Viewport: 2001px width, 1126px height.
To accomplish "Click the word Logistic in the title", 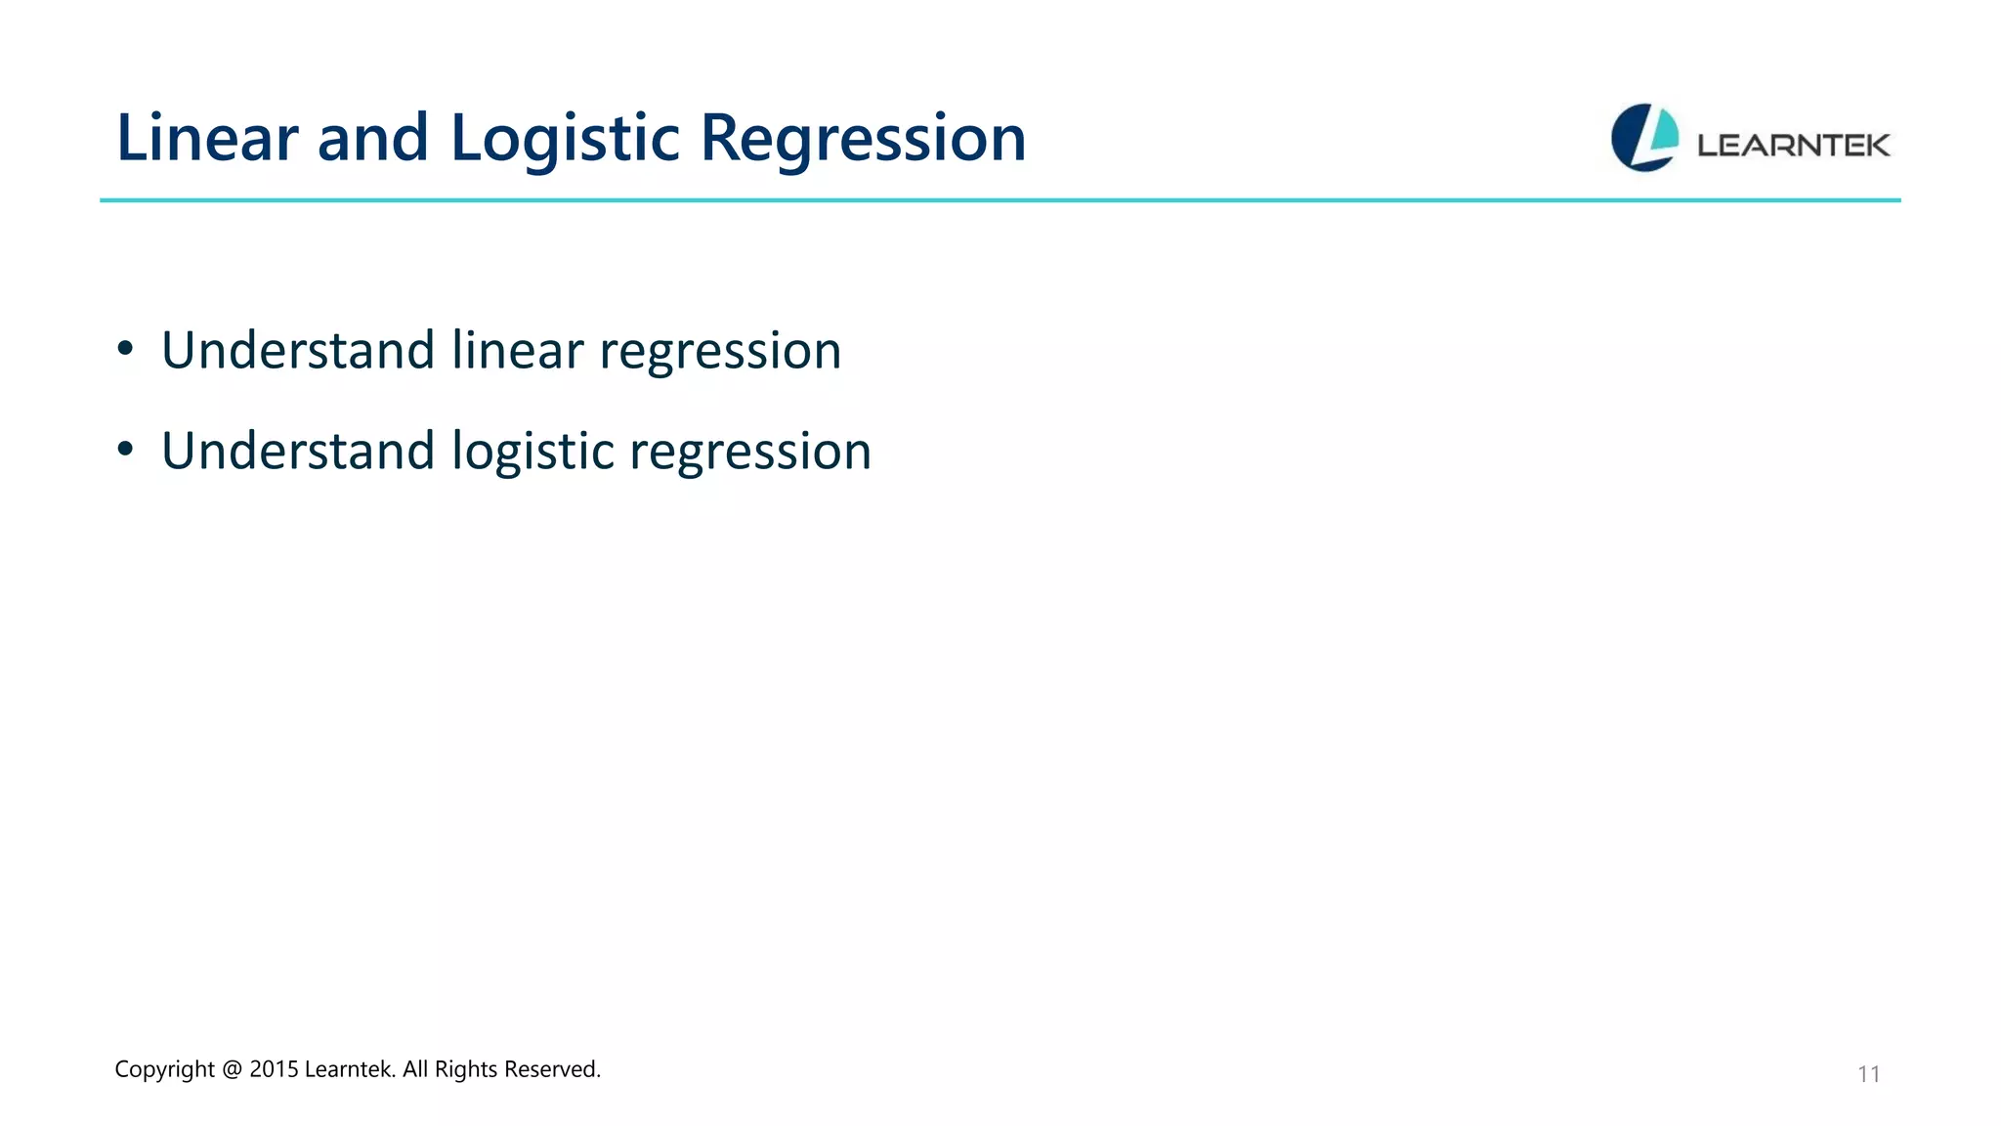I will (x=564, y=138).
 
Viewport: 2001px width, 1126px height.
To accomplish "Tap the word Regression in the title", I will (x=863, y=138).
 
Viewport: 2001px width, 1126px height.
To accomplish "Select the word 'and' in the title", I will (x=373, y=138).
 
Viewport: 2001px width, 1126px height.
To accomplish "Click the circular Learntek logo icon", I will (x=1644, y=138).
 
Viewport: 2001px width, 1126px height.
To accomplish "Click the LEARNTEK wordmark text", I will (x=1793, y=146).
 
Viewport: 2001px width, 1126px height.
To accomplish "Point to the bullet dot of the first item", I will (x=124, y=349).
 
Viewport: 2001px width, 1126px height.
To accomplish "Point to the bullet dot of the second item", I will (x=124, y=450).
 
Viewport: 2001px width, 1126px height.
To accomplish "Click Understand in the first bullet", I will (x=297, y=350).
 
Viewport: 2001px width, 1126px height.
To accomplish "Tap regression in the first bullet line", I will (x=720, y=352).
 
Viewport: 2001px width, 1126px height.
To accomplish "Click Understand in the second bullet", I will (x=297, y=451).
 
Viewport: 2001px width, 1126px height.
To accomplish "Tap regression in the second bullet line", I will (x=750, y=453).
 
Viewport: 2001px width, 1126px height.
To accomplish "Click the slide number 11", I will (x=1868, y=1074).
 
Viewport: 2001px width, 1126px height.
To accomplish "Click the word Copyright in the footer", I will (x=164, y=1069).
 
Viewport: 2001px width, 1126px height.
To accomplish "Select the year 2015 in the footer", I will (x=274, y=1069).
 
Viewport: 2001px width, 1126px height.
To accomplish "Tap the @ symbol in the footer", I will (x=232, y=1069).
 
